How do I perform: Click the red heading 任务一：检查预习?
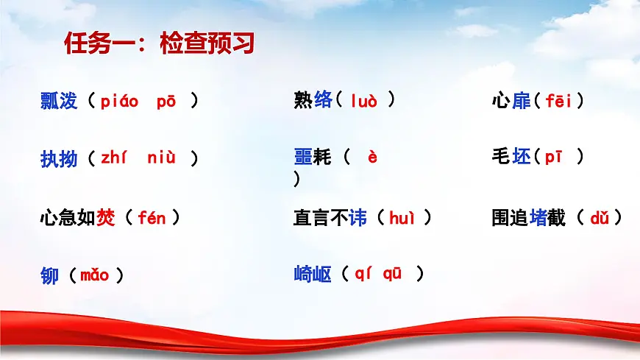point(159,44)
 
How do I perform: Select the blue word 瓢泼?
point(59,102)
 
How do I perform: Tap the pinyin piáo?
point(119,102)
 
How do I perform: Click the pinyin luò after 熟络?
point(363,101)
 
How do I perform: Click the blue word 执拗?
point(59,158)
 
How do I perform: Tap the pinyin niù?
point(161,158)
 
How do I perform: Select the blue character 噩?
point(303,157)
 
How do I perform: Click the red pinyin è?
point(372,157)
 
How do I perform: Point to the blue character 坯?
point(521,157)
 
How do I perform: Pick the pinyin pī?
point(554,157)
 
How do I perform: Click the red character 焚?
point(106,218)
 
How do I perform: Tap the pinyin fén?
point(152,218)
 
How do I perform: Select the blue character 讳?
point(358,218)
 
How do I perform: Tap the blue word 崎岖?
point(312,275)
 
